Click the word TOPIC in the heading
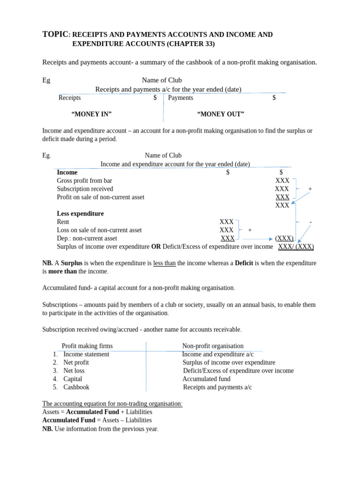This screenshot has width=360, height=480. (55, 34)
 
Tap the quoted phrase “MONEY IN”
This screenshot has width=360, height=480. (91, 114)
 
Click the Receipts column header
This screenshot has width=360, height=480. (69, 97)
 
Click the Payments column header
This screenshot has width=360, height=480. (180, 97)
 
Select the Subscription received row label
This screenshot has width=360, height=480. (85, 189)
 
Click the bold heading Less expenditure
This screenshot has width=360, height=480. (80, 214)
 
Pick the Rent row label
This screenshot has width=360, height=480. (63, 222)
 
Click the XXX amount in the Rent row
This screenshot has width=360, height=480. (226, 222)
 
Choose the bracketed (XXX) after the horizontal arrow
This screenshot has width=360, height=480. (284, 238)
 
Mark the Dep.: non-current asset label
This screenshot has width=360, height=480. (87, 238)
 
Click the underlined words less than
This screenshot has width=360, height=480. (164, 263)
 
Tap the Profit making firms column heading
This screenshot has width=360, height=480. (87, 346)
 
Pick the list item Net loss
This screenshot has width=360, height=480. (74, 370)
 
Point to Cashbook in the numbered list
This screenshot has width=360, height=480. (76, 387)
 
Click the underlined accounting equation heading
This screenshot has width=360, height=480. (112, 404)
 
